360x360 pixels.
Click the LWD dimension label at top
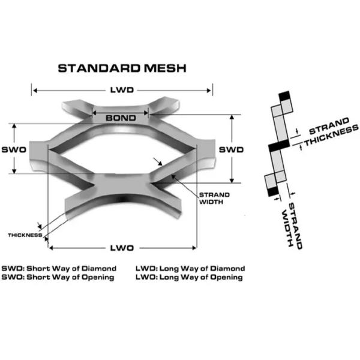point(122,90)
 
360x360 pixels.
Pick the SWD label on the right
point(230,149)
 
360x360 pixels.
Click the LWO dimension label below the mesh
point(122,247)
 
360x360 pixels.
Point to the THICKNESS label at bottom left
point(25,235)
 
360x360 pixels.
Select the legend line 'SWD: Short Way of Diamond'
point(59,268)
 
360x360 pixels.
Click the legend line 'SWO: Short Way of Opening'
point(59,277)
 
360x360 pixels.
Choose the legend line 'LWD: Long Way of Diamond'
point(190,268)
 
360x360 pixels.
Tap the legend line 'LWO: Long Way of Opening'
point(190,277)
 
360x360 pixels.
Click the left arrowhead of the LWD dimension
point(35,90)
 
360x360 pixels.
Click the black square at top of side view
point(284,95)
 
